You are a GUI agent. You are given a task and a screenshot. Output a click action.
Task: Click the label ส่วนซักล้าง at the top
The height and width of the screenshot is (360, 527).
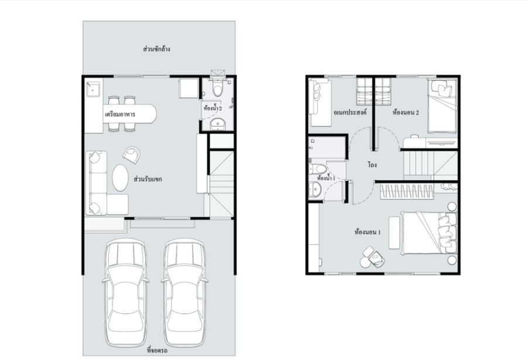(156, 49)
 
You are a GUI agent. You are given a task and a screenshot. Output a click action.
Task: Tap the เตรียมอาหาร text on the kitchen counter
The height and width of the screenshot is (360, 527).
(120, 114)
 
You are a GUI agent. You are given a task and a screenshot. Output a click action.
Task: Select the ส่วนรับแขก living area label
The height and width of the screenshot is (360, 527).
(148, 179)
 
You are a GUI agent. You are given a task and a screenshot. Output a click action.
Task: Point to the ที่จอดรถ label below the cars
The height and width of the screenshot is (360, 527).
(158, 351)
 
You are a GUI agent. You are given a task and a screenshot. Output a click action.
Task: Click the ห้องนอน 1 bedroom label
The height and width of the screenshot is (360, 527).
(368, 232)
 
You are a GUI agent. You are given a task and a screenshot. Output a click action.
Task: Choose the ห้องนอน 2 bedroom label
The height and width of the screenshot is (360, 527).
(406, 112)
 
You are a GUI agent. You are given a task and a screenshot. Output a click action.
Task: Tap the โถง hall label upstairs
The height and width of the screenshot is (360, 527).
(372, 165)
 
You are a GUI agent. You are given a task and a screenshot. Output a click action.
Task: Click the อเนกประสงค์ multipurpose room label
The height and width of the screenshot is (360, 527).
(350, 112)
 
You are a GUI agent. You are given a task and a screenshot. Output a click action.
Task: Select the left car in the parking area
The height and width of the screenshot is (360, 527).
(125, 293)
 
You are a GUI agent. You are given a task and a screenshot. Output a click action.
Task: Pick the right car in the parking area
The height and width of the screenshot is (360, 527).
(184, 293)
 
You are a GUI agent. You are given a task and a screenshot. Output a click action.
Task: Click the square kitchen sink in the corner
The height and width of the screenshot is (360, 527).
(93, 89)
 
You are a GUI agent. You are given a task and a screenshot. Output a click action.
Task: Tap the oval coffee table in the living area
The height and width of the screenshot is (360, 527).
(120, 177)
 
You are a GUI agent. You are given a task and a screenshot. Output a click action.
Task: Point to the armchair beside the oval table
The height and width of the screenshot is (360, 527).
(131, 155)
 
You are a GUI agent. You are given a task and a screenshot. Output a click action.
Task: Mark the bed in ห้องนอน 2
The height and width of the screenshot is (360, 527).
(442, 106)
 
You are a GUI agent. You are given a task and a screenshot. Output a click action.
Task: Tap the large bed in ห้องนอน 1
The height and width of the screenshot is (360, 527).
(429, 232)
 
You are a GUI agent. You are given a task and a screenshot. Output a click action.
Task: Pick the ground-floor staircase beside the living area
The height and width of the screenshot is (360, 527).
(221, 184)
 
